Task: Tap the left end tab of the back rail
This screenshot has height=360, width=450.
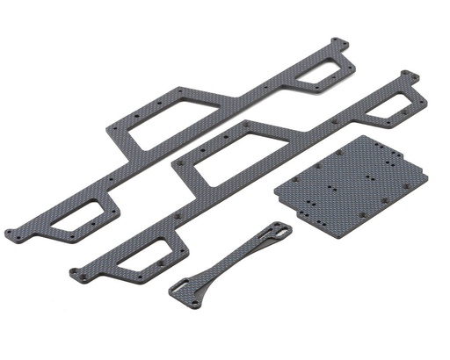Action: [11, 233]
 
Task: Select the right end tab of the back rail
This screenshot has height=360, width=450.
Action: [337, 41]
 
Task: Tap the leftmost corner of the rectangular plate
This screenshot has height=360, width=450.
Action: [276, 190]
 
